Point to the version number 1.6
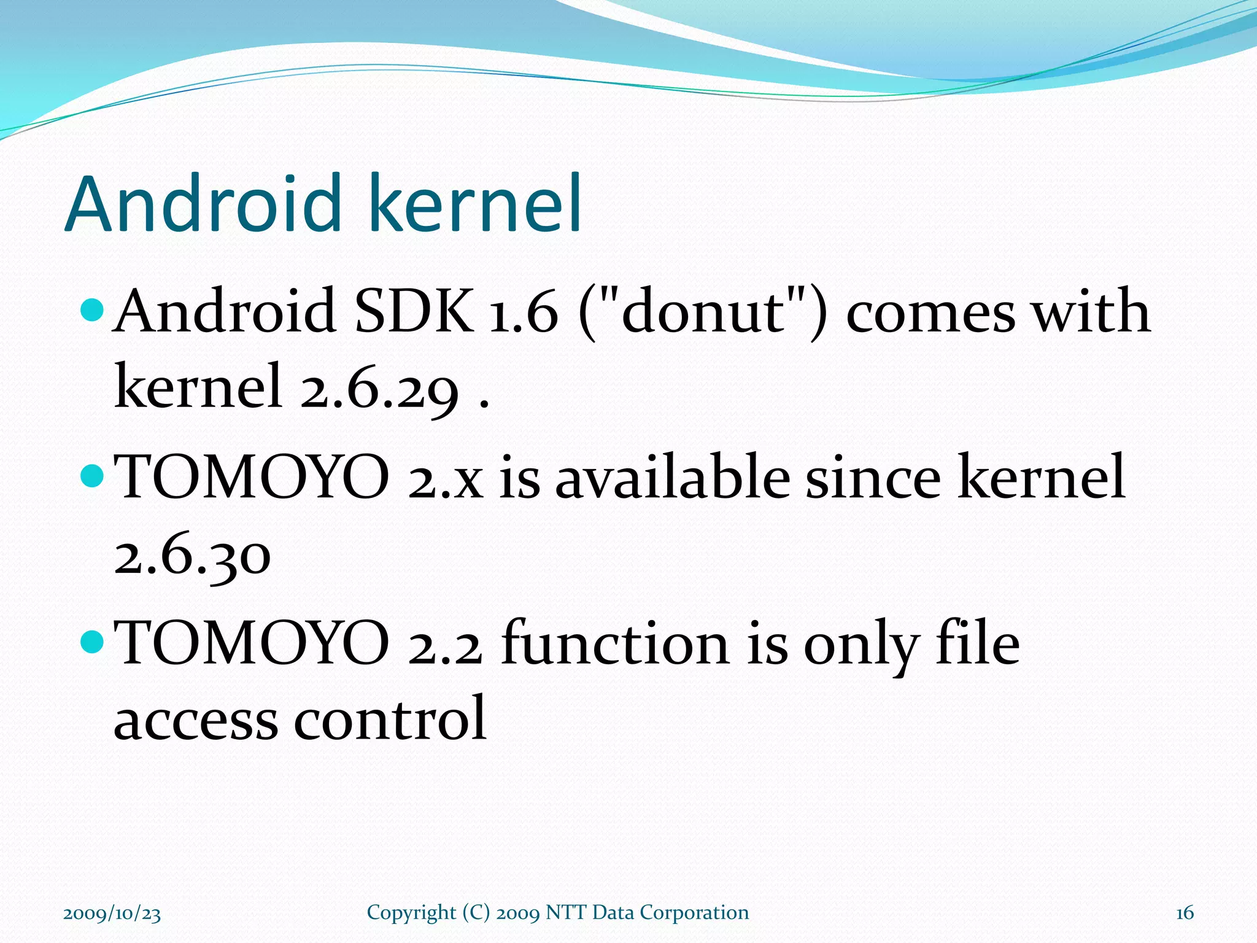(524, 312)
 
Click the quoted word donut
(703, 311)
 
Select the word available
(672, 477)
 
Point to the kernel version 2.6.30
(192, 556)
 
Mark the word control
(390, 718)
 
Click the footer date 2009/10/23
(112, 914)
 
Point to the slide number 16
(1184, 914)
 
